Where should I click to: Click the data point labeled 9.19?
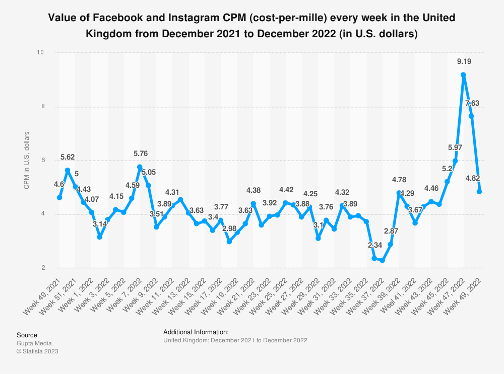click(x=463, y=75)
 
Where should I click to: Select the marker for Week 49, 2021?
click(x=59, y=197)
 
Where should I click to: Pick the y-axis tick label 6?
click(x=42, y=161)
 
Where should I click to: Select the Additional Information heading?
click(x=196, y=332)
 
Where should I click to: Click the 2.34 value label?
click(x=374, y=245)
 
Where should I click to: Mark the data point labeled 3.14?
click(x=100, y=236)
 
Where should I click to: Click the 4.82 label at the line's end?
click(x=472, y=178)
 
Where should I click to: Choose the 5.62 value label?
click(x=68, y=157)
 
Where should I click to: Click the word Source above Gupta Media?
click(x=27, y=335)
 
